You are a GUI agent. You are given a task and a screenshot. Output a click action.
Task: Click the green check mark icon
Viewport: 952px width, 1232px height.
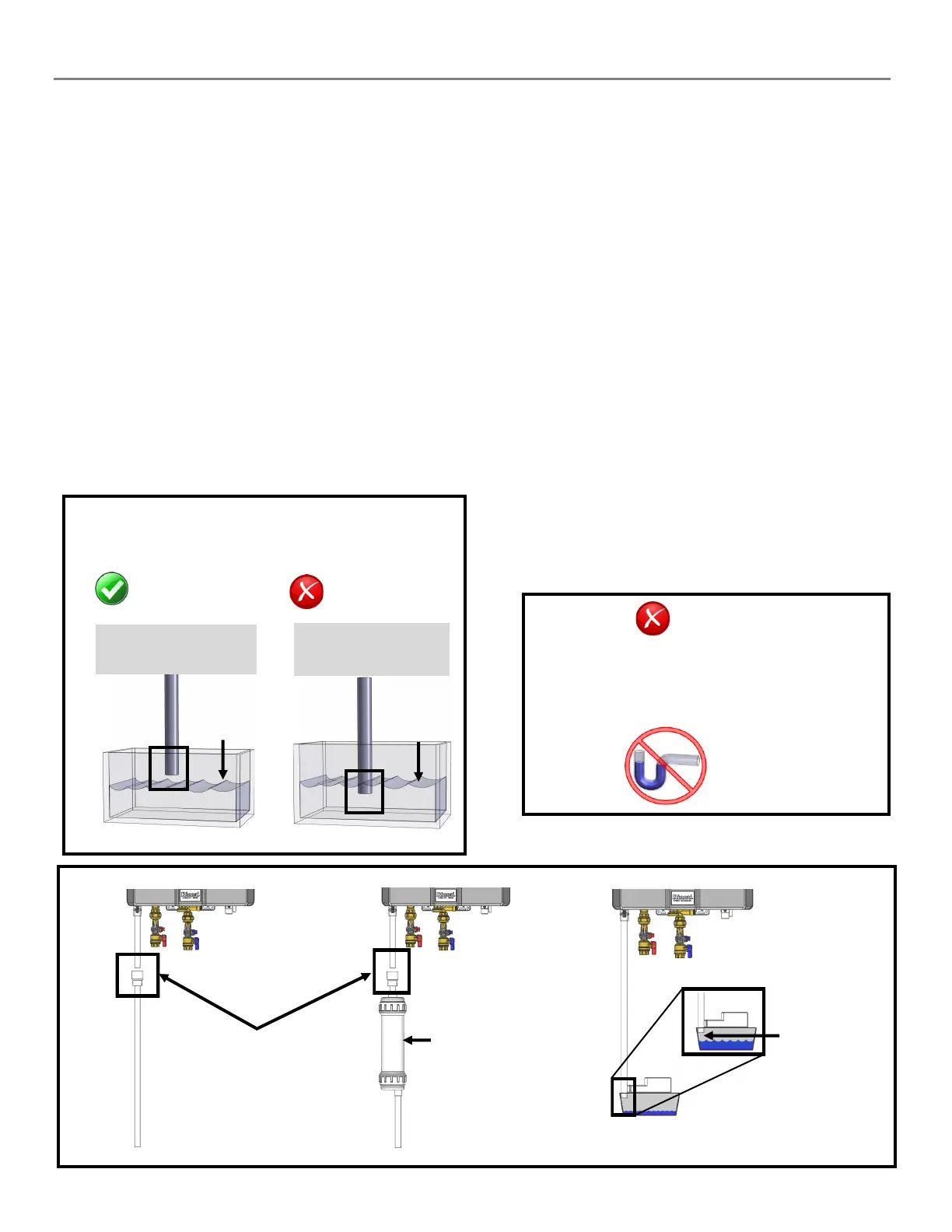click(111, 589)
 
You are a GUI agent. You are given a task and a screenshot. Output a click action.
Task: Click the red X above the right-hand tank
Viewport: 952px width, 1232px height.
click(306, 592)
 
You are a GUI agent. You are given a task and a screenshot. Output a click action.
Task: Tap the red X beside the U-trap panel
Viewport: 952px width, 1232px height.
click(653, 619)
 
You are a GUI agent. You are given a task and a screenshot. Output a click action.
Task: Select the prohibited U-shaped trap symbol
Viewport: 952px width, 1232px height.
click(665, 765)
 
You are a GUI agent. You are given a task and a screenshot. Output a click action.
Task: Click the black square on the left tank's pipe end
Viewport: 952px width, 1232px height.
click(169, 768)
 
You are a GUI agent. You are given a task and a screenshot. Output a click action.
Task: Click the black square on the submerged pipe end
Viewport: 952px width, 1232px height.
click(364, 791)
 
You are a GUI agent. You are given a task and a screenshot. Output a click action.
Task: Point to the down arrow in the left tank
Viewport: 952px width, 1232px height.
click(223, 759)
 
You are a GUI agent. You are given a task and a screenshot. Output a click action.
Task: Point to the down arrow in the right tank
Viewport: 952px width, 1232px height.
click(418, 761)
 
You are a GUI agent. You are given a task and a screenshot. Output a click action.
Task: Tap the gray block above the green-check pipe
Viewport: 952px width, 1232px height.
click(176, 649)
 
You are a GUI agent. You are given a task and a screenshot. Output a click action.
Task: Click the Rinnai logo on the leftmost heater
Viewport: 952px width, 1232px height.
click(191, 895)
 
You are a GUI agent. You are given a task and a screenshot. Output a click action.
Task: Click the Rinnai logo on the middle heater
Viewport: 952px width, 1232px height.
click(446, 895)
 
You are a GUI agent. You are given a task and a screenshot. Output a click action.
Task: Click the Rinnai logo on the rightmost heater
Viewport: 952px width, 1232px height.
click(682, 897)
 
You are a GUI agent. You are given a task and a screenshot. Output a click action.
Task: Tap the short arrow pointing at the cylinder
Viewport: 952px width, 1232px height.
click(417, 1040)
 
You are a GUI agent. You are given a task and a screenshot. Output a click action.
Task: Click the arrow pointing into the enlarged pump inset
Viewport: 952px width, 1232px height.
click(741, 1035)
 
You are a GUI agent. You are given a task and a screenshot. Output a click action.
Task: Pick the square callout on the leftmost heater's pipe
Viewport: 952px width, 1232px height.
click(138, 975)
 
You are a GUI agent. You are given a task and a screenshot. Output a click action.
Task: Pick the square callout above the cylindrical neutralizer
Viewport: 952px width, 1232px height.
click(391, 971)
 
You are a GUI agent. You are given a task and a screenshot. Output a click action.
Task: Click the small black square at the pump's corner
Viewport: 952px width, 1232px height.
click(623, 1097)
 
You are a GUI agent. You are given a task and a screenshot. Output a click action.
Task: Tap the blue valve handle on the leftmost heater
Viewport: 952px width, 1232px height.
click(197, 943)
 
